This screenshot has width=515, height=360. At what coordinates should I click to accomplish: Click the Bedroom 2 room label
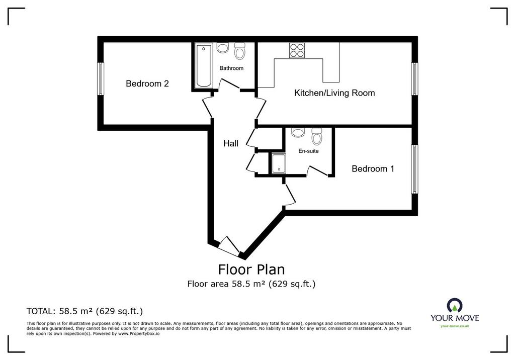point(147,83)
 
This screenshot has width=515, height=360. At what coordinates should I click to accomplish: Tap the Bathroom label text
point(231,68)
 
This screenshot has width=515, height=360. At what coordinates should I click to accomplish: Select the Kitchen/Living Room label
point(334,93)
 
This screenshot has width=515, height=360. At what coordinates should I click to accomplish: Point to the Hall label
point(230,143)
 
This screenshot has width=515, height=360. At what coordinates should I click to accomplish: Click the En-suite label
point(308,151)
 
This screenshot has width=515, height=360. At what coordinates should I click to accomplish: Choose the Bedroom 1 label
point(373,169)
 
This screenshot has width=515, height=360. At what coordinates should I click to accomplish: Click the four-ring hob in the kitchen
point(297,50)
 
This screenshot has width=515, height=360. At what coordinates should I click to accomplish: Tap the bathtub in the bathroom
point(204,66)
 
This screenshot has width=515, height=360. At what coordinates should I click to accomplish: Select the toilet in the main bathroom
point(239,50)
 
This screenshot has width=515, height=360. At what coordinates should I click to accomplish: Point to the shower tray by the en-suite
point(279,163)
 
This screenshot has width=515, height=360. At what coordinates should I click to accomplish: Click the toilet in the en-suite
point(317,136)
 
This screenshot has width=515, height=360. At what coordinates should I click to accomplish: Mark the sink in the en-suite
point(298,132)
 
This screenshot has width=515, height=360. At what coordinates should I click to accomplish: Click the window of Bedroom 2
point(101,79)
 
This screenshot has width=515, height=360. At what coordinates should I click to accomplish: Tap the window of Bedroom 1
point(415,169)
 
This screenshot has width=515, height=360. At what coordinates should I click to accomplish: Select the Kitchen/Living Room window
point(415,79)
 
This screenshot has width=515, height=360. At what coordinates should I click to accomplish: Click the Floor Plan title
point(251,269)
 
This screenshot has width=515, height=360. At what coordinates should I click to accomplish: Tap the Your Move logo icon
point(455,306)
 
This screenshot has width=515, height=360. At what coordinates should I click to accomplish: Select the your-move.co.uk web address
point(455,326)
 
